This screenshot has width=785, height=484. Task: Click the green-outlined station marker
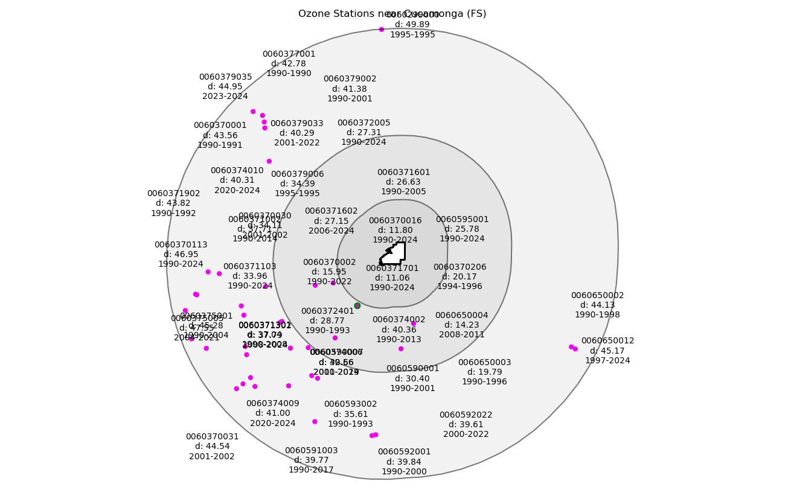click(x=357, y=306)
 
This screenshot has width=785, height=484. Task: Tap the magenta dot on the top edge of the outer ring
click(x=382, y=30)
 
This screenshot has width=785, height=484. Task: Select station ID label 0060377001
click(x=289, y=54)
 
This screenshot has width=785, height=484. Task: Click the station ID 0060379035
click(x=225, y=77)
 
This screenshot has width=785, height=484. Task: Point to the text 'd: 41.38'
click(x=350, y=89)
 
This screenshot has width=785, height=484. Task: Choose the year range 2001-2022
click(x=296, y=143)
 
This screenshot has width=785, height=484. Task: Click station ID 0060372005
click(x=364, y=123)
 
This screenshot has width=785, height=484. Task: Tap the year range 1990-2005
click(x=403, y=192)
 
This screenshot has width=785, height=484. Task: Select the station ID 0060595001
click(x=462, y=220)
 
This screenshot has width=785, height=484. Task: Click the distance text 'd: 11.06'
click(x=392, y=278)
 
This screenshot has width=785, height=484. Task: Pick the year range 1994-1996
click(x=460, y=287)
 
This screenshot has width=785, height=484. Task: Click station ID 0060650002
click(x=597, y=296)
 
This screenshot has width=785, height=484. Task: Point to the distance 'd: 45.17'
click(x=607, y=351)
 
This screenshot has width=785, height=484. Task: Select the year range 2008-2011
click(x=461, y=335)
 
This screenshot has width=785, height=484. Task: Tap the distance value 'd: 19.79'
click(x=484, y=372)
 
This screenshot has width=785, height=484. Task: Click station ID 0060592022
click(x=466, y=415)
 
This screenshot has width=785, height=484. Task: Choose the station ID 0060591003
click(x=311, y=451)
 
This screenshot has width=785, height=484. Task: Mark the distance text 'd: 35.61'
click(x=350, y=414)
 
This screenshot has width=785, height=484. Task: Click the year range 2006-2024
click(x=331, y=231)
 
